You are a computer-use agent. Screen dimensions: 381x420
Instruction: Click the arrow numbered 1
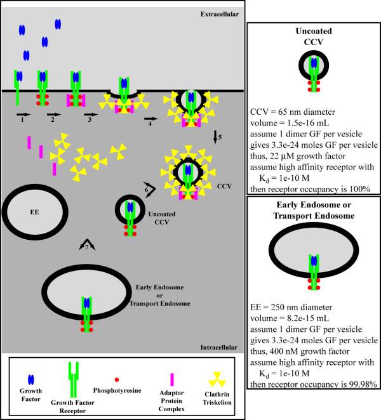tap(23, 114)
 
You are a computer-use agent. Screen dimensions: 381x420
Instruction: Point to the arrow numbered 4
tap(151, 119)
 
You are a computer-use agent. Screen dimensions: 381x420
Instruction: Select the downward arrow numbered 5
tap(215, 137)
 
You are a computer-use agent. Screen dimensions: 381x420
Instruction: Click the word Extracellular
tap(220, 14)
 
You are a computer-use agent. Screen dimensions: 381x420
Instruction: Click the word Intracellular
tap(219, 348)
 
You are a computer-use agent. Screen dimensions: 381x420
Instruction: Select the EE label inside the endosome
tap(34, 212)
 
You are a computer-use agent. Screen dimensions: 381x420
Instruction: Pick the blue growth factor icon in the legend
tap(31, 379)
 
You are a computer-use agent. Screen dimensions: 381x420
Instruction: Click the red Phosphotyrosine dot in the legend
tap(117, 379)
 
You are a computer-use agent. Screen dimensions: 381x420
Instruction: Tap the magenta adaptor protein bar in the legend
tap(172, 379)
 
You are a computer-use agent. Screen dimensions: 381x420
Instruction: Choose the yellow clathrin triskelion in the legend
tap(217, 379)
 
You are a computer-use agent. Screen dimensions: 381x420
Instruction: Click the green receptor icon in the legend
tap(74, 379)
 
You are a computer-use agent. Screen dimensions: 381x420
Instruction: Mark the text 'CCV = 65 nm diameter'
tap(293, 112)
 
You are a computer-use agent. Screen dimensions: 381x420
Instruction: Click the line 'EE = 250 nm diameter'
tap(291, 307)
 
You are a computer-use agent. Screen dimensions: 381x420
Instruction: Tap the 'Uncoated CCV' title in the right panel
tap(314, 36)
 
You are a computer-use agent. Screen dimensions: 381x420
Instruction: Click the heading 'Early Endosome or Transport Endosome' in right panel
tap(314, 210)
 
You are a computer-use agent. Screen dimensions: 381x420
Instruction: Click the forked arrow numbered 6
tap(150, 190)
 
